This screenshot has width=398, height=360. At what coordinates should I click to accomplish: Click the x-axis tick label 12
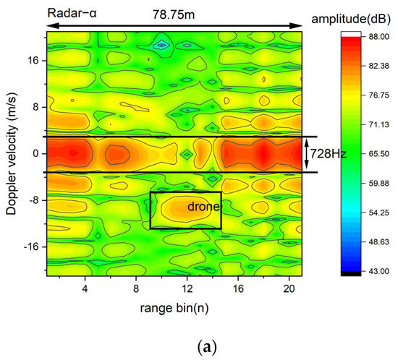[187, 288]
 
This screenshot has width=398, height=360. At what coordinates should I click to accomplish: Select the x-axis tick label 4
[85, 288]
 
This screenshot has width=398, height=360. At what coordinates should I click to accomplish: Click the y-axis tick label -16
[32, 247]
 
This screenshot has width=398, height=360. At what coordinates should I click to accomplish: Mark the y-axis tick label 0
[36, 154]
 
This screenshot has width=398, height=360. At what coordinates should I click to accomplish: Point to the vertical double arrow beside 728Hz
[305, 154]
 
